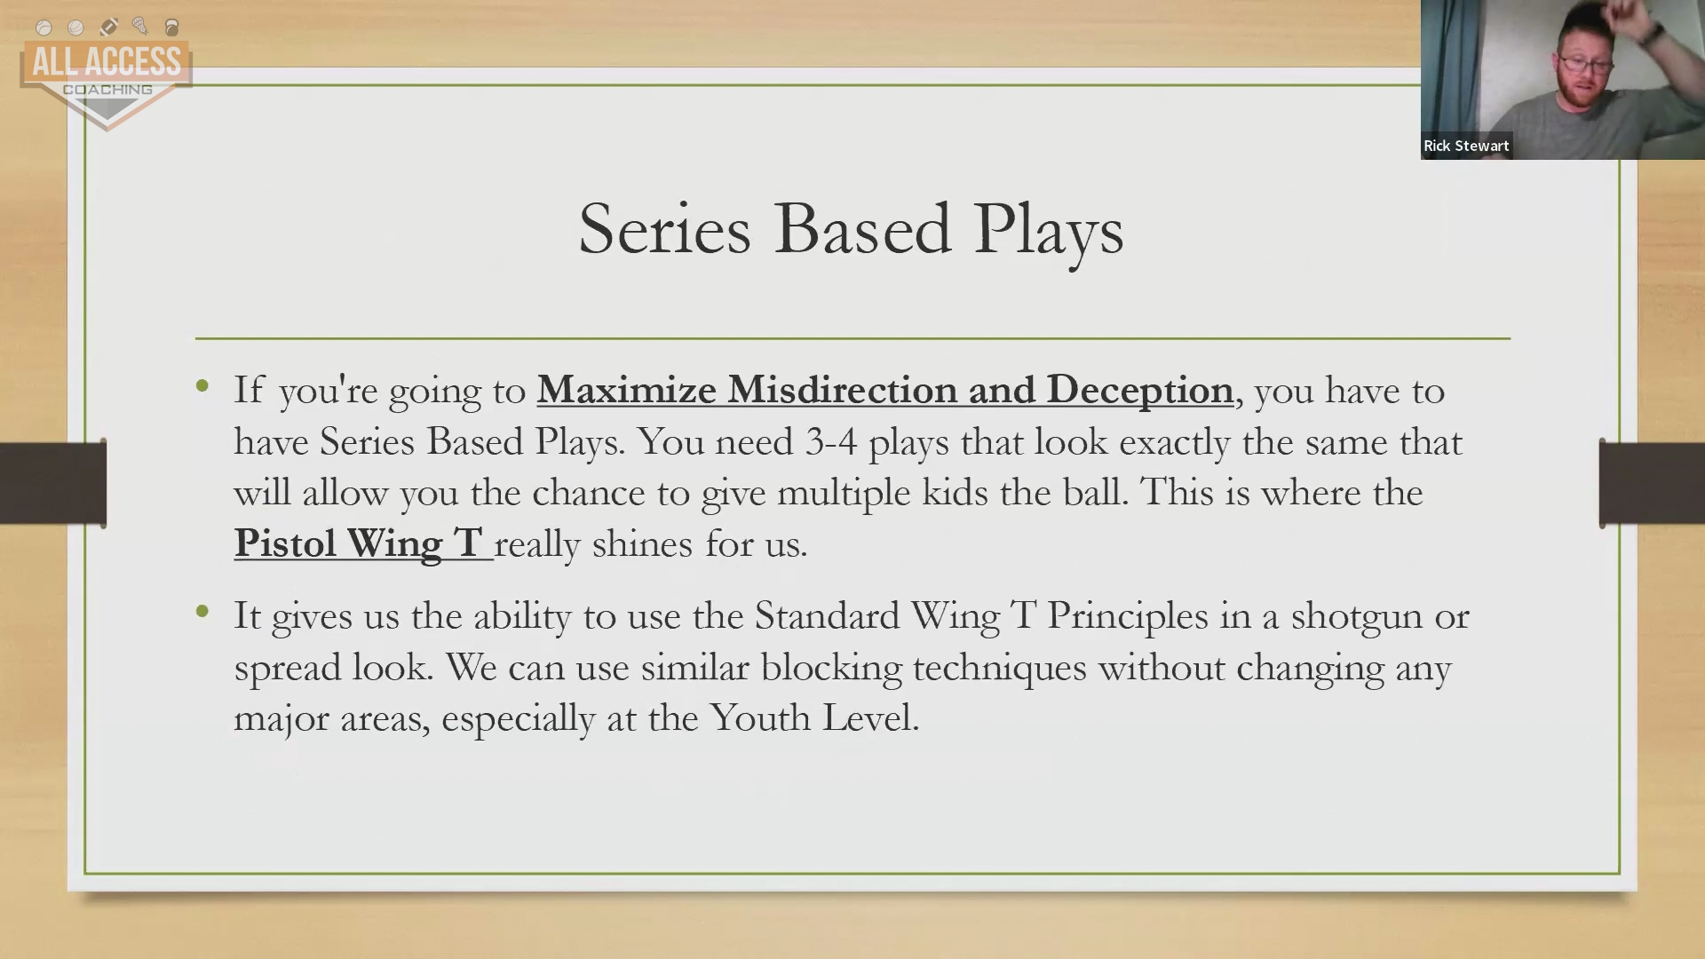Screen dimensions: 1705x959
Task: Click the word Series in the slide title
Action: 664,229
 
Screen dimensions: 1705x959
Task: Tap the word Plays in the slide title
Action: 1048,233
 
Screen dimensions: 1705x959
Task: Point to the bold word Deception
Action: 1139,391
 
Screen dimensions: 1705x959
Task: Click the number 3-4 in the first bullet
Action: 831,441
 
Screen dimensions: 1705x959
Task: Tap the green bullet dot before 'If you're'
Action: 202,385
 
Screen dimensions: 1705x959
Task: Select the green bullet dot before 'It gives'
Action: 202,611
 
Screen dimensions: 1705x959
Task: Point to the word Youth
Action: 760,717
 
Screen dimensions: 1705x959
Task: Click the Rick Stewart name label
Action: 1466,146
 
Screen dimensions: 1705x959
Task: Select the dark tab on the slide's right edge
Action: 1652,483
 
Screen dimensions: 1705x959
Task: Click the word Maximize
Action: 627,389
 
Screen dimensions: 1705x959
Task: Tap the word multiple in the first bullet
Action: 844,494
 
